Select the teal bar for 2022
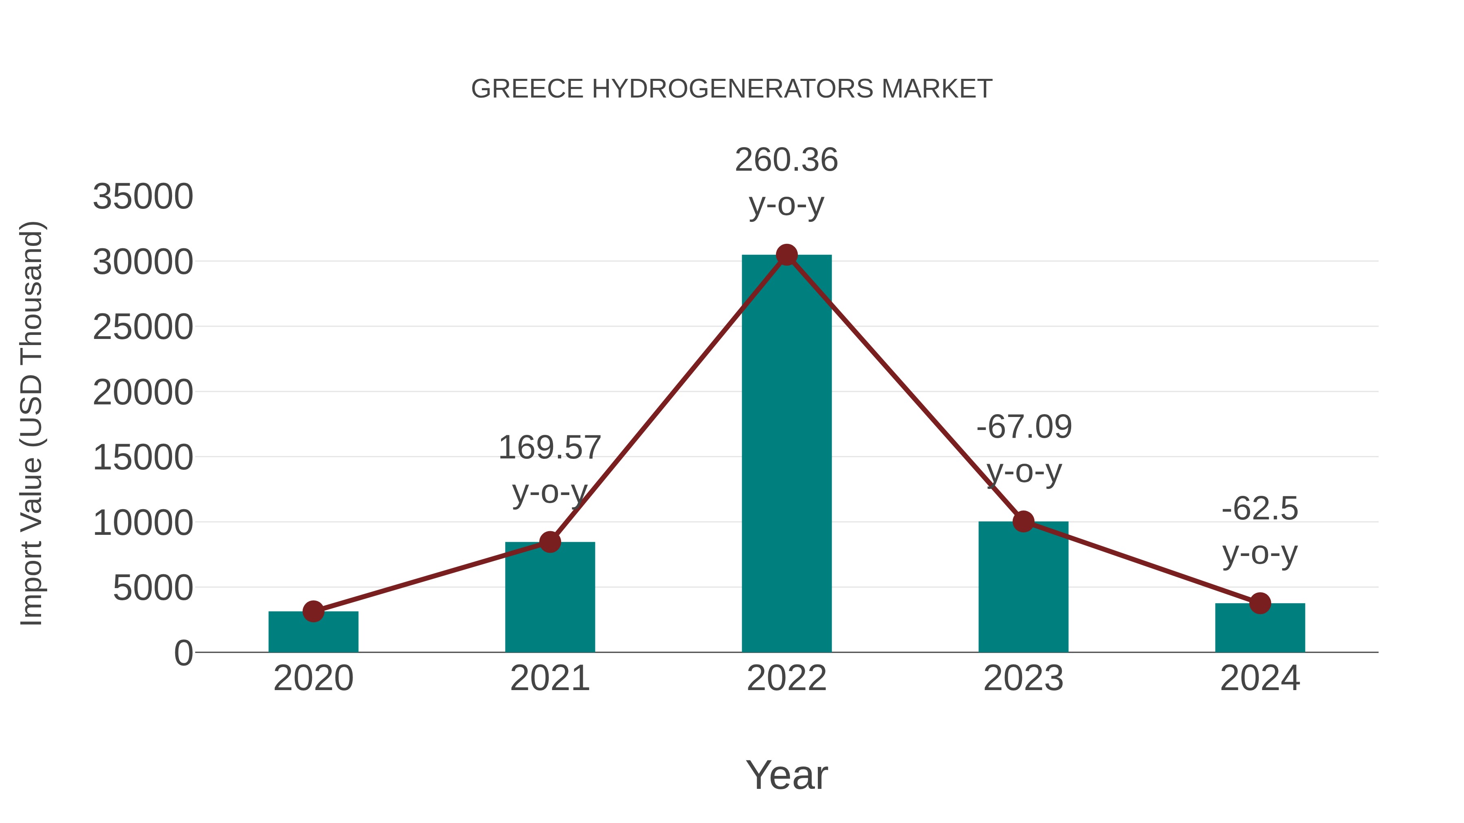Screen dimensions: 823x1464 pos(786,454)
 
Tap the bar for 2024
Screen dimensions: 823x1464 pos(1260,628)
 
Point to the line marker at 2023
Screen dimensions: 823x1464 pos(1024,521)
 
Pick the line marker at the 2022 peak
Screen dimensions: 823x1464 pos(786,255)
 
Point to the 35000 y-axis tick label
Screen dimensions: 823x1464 pos(143,197)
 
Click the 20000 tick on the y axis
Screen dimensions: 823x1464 pos(143,393)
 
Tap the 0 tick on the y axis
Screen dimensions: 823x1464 pos(183,653)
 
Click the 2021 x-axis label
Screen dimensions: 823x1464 pos(549,679)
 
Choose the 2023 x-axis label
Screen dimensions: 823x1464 pos(1024,679)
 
